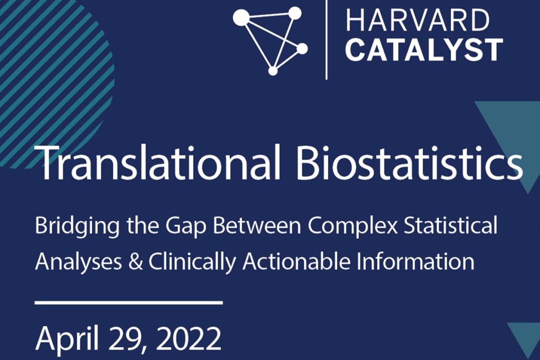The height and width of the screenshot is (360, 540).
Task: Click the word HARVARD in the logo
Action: (x=418, y=21)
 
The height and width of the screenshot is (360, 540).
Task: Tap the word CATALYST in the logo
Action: (x=425, y=50)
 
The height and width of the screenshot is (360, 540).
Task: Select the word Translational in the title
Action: (x=157, y=162)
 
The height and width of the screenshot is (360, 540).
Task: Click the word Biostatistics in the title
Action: (x=409, y=162)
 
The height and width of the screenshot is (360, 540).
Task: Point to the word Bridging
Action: (x=78, y=227)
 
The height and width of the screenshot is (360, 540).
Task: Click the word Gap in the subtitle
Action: (x=186, y=227)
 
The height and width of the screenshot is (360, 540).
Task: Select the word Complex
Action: (x=353, y=227)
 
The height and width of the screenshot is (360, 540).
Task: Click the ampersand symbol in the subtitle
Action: (x=136, y=261)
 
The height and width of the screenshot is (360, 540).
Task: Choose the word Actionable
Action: (x=296, y=261)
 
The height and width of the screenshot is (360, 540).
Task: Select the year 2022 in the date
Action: (x=191, y=338)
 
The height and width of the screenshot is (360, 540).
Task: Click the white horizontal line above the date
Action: (x=129, y=303)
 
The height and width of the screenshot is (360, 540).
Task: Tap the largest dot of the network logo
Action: (x=241, y=17)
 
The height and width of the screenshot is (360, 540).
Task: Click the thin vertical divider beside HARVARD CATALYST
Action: (x=326, y=40)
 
